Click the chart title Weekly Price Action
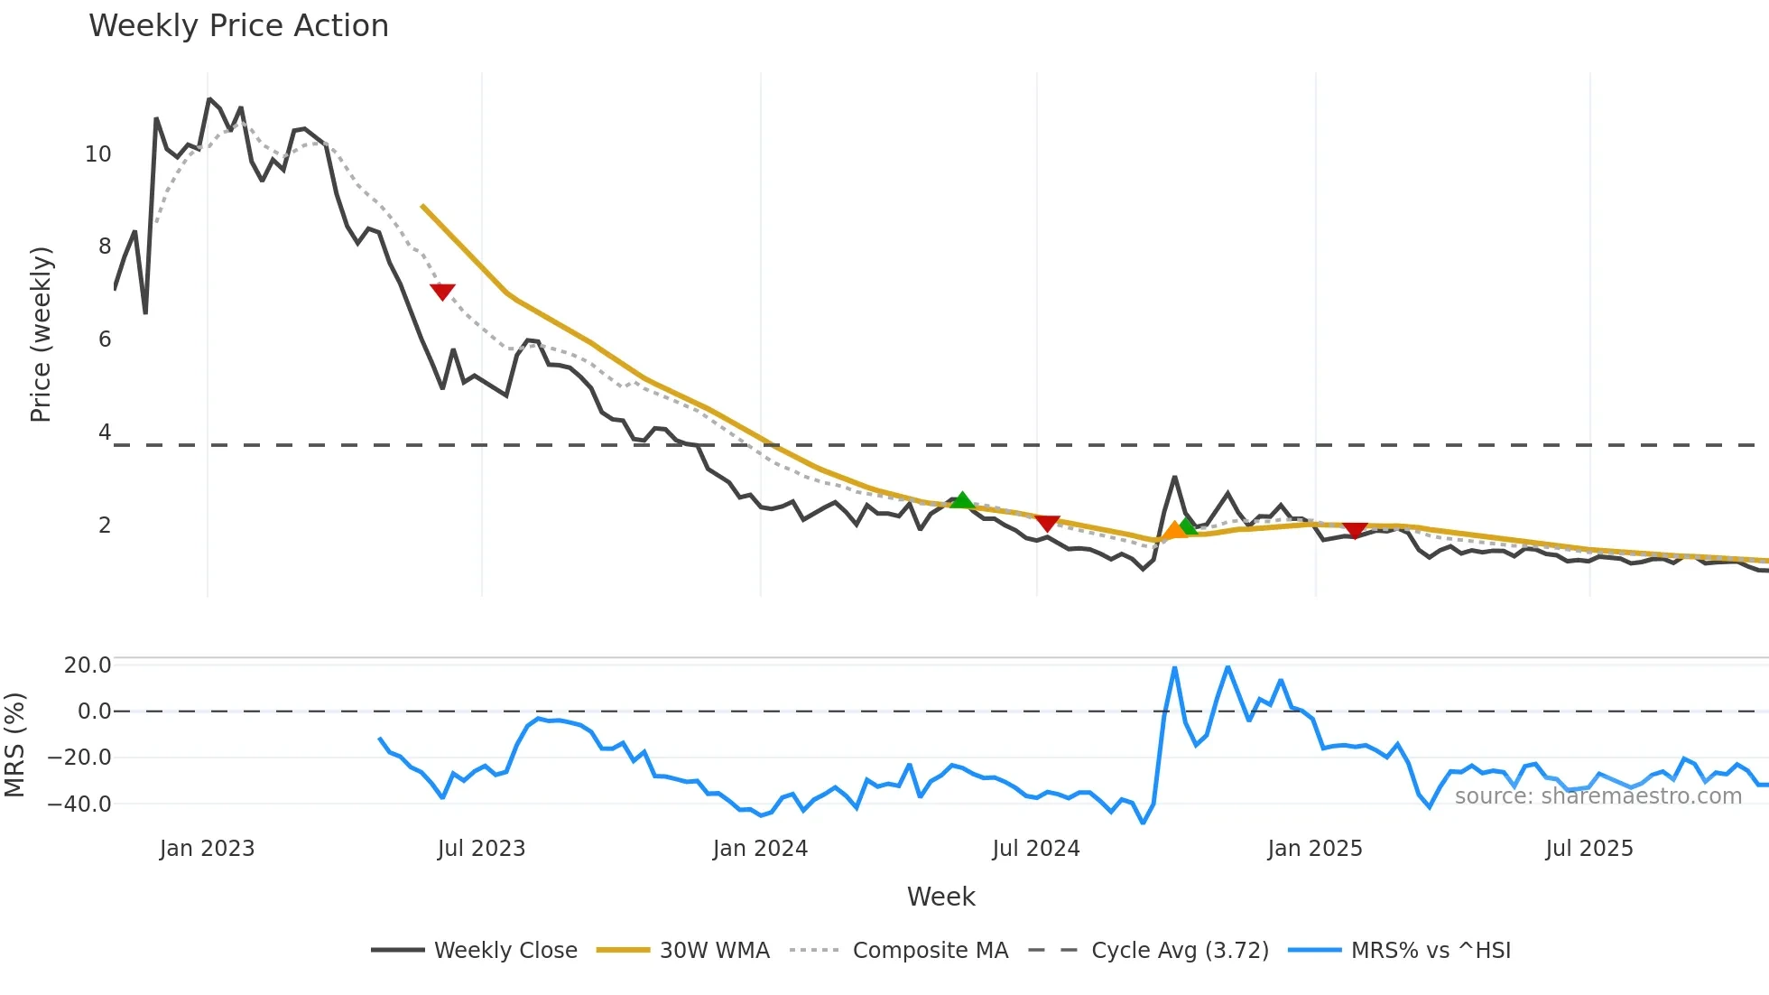[238, 26]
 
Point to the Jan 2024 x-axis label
[760, 849]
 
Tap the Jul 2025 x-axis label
[1589, 849]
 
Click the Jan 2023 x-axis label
[207, 849]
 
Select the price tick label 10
[98, 154]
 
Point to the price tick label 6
[105, 339]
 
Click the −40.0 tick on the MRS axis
[79, 804]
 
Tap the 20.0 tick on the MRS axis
[88, 665]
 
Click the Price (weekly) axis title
[42, 334]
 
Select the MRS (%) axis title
[15, 745]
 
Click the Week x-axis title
[940, 897]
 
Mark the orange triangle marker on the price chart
[1174, 530]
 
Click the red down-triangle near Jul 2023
[442, 291]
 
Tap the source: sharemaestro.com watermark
[1598, 796]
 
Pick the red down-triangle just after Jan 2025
[1355, 529]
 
